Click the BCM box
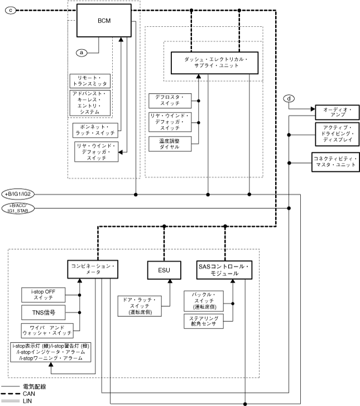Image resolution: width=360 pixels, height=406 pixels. [x=103, y=21]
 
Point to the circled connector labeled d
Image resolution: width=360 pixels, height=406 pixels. [x=289, y=99]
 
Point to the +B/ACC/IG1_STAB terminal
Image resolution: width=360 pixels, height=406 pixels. [x=20, y=208]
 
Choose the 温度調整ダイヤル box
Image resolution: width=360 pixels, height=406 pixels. [x=170, y=143]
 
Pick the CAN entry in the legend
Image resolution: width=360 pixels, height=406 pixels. [x=28, y=394]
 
